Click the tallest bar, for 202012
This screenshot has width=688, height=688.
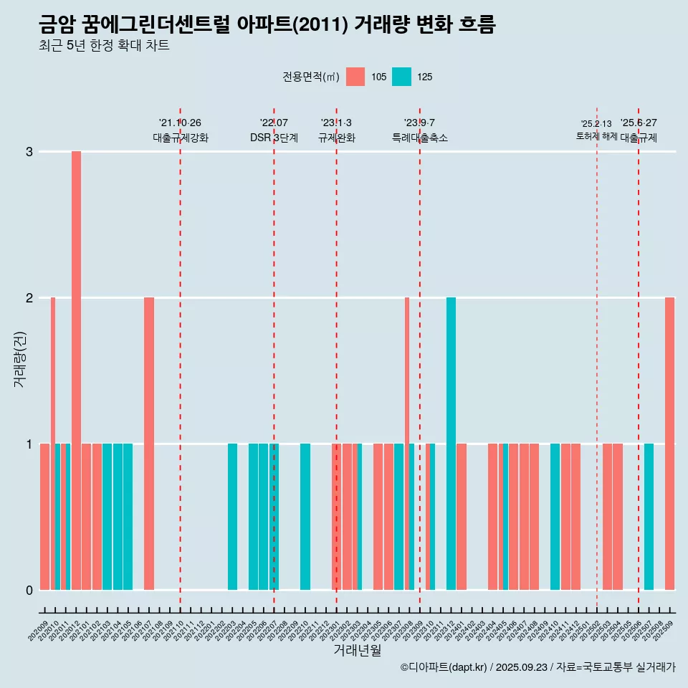click(76, 370)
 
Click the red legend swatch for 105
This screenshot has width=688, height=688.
click(355, 77)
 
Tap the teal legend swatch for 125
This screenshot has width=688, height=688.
click(401, 77)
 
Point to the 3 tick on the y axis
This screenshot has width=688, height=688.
click(29, 152)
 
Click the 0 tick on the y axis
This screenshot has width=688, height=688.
click(29, 590)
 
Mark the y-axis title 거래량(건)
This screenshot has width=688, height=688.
click(19, 358)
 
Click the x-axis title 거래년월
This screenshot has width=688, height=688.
click(357, 650)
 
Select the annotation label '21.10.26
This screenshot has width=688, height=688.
click(180, 123)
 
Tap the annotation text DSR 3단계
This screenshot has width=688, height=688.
click(274, 138)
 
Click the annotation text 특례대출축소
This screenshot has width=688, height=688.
click(419, 138)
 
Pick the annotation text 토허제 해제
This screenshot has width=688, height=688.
click(596, 136)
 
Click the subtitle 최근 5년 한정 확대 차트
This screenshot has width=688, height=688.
click(104, 47)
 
